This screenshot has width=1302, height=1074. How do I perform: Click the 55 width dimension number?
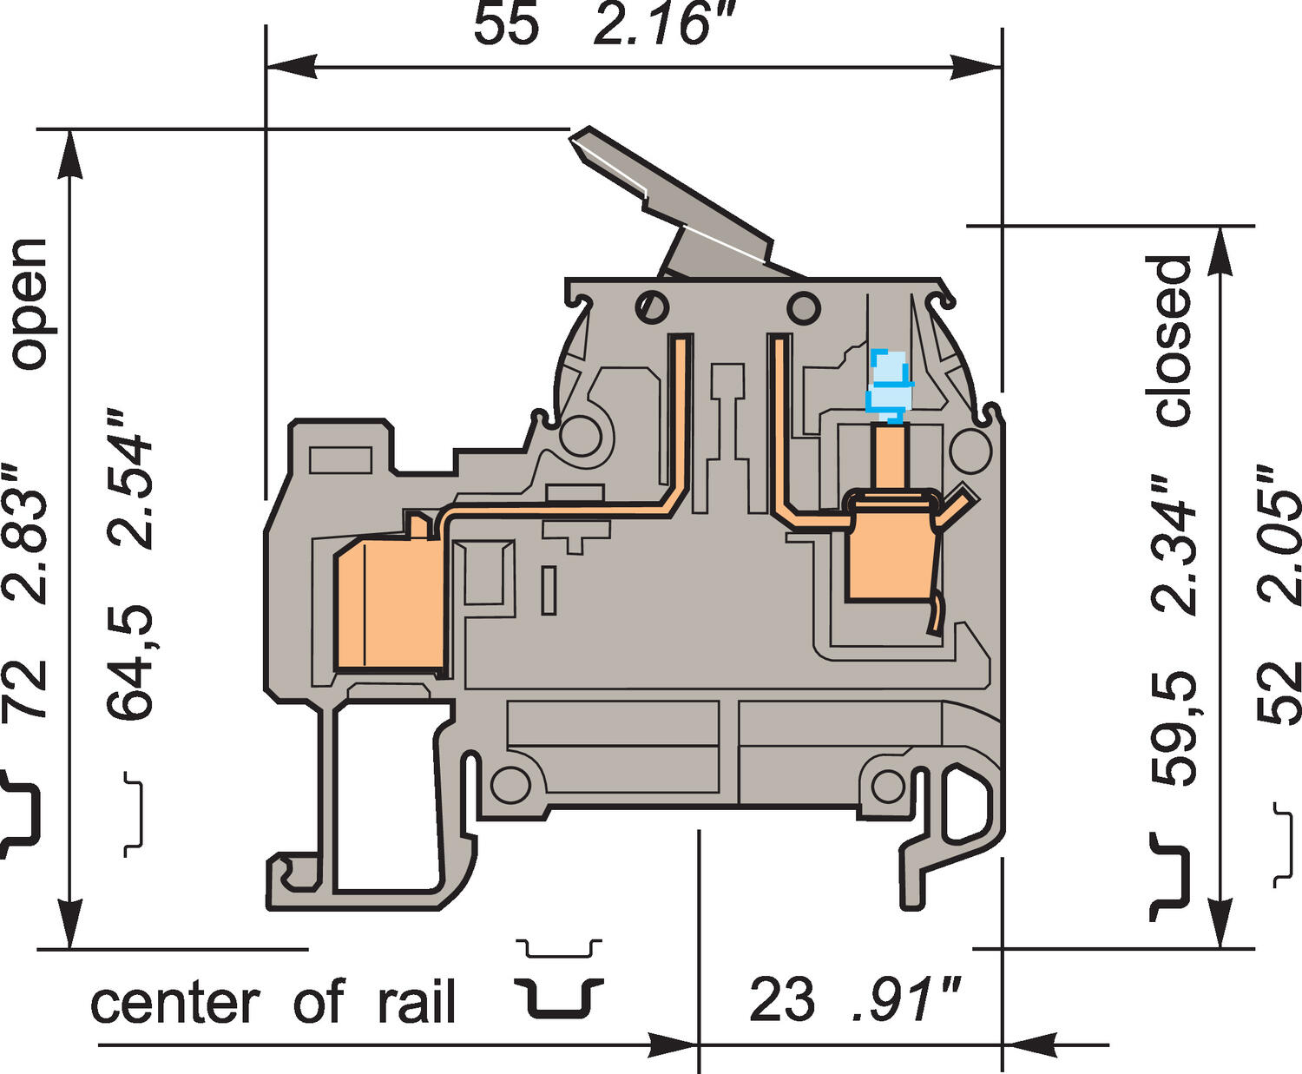(505, 24)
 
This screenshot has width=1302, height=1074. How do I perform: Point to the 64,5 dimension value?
(130, 662)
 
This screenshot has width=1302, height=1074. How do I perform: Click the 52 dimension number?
(1279, 692)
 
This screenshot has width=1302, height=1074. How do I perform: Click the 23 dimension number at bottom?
(781, 1000)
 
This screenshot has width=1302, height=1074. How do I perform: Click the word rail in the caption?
(416, 1003)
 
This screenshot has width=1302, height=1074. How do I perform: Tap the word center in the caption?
(174, 1004)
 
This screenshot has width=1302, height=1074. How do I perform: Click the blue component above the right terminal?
(890, 383)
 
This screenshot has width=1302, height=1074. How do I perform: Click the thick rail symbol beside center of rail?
(557, 998)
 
